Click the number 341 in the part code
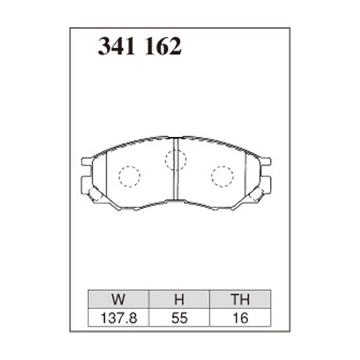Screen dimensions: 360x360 (117, 46)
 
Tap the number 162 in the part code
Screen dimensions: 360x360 (163, 46)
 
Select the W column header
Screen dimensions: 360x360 (118, 300)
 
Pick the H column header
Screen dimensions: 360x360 (179, 300)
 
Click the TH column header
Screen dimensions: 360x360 (240, 300)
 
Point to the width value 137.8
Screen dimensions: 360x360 (119, 319)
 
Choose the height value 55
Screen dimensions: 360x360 (179, 319)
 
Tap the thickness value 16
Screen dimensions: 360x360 (240, 319)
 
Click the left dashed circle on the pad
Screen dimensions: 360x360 (129, 176)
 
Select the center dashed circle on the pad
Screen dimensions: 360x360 (176, 160)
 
